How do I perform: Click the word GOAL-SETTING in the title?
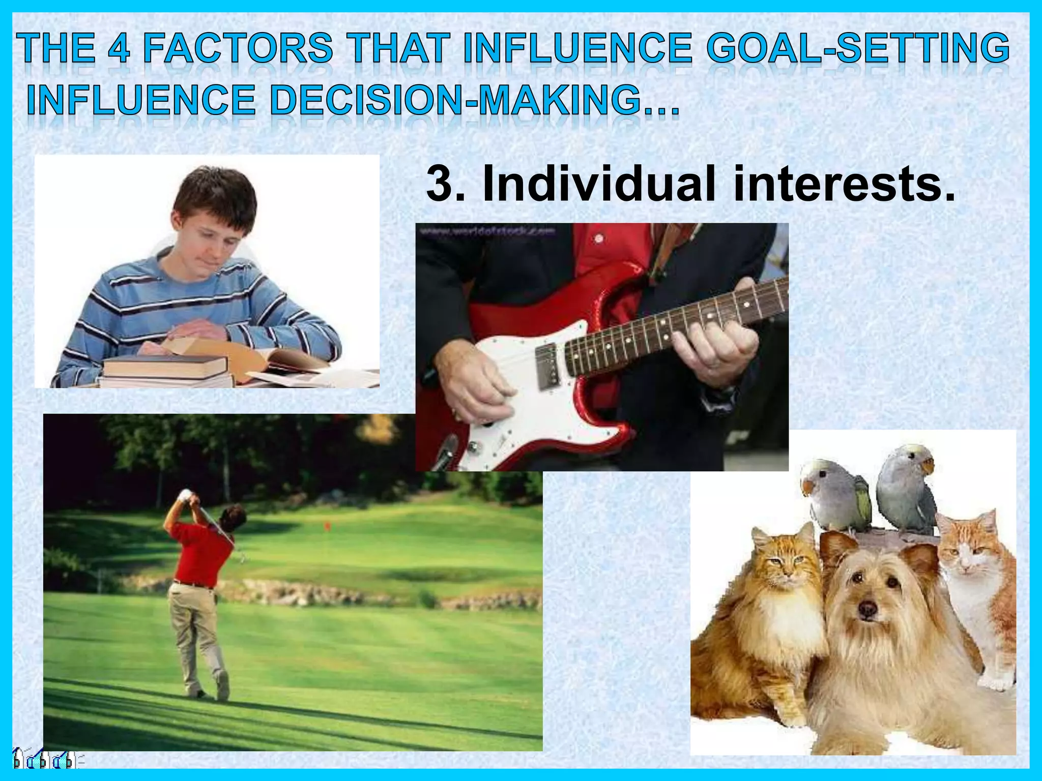click(x=857, y=48)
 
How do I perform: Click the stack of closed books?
click(x=165, y=371)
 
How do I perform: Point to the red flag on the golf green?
click(x=327, y=524)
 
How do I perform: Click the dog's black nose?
click(x=867, y=608)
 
